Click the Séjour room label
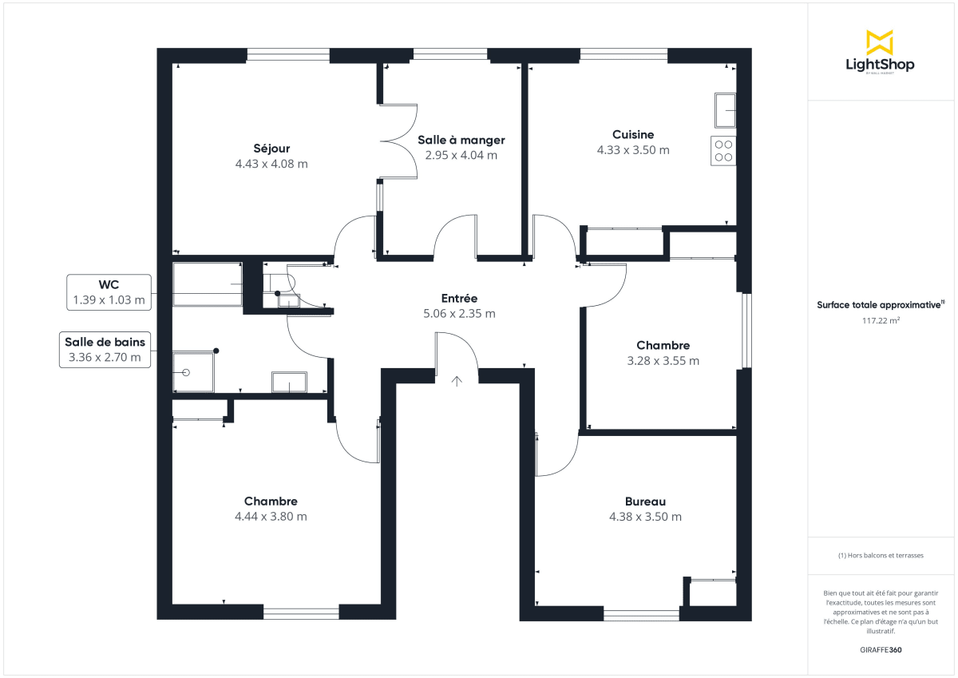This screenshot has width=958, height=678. pyautogui.click(x=271, y=149)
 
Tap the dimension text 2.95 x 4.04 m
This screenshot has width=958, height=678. pyautogui.click(x=461, y=156)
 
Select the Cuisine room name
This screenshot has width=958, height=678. pyautogui.click(x=633, y=135)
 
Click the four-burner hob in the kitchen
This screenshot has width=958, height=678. pyautogui.click(x=722, y=151)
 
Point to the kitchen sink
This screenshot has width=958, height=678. pyautogui.click(x=725, y=109)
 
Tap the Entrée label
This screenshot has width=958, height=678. pyautogui.click(x=459, y=298)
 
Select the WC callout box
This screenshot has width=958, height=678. pyautogui.click(x=109, y=292)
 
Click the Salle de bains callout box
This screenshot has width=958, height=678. pyautogui.click(x=105, y=350)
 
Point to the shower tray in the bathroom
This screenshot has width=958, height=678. pyautogui.click(x=192, y=372)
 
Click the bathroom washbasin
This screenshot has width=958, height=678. pyautogui.click(x=289, y=382)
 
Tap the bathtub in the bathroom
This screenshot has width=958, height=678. pyautogui.click(x=208, y=283)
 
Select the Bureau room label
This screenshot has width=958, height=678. pyautogui.click(x=645, y=502)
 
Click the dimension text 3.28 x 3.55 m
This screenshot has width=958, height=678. pyautogui.click(x=663, y=361)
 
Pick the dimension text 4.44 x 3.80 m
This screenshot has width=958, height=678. pyautogui.click(x=271, y=517)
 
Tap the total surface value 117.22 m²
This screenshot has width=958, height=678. pyautogui.click(x=880, y=320)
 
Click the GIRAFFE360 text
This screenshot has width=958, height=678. pyautogui.click(x=880, y=650)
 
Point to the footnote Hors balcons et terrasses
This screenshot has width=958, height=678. pyautogui.click(x=881, y=555)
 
